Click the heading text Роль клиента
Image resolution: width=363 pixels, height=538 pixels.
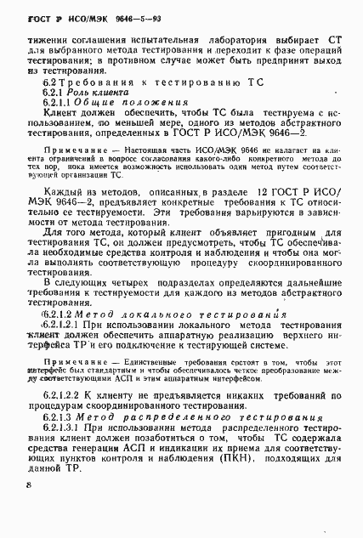102,90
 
